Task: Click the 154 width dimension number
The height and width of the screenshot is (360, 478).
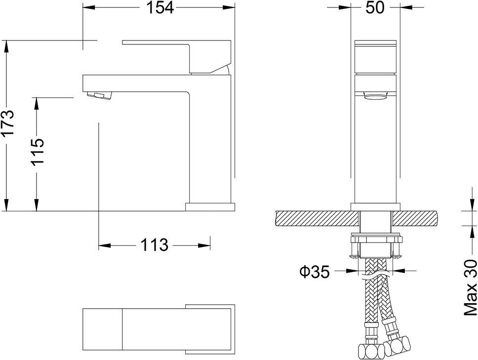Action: click(159, 8)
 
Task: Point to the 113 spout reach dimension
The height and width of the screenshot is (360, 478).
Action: click(154, 244)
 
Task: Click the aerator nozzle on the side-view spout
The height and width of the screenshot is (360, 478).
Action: click(99, 95)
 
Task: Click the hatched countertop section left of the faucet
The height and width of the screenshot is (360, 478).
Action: click(314, 217)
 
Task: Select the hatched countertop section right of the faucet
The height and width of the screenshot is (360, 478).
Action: click(416, 217)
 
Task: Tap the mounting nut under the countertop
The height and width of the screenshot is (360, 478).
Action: click(376, 247)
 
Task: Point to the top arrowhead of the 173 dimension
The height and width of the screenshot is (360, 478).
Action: click(6, 44)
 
